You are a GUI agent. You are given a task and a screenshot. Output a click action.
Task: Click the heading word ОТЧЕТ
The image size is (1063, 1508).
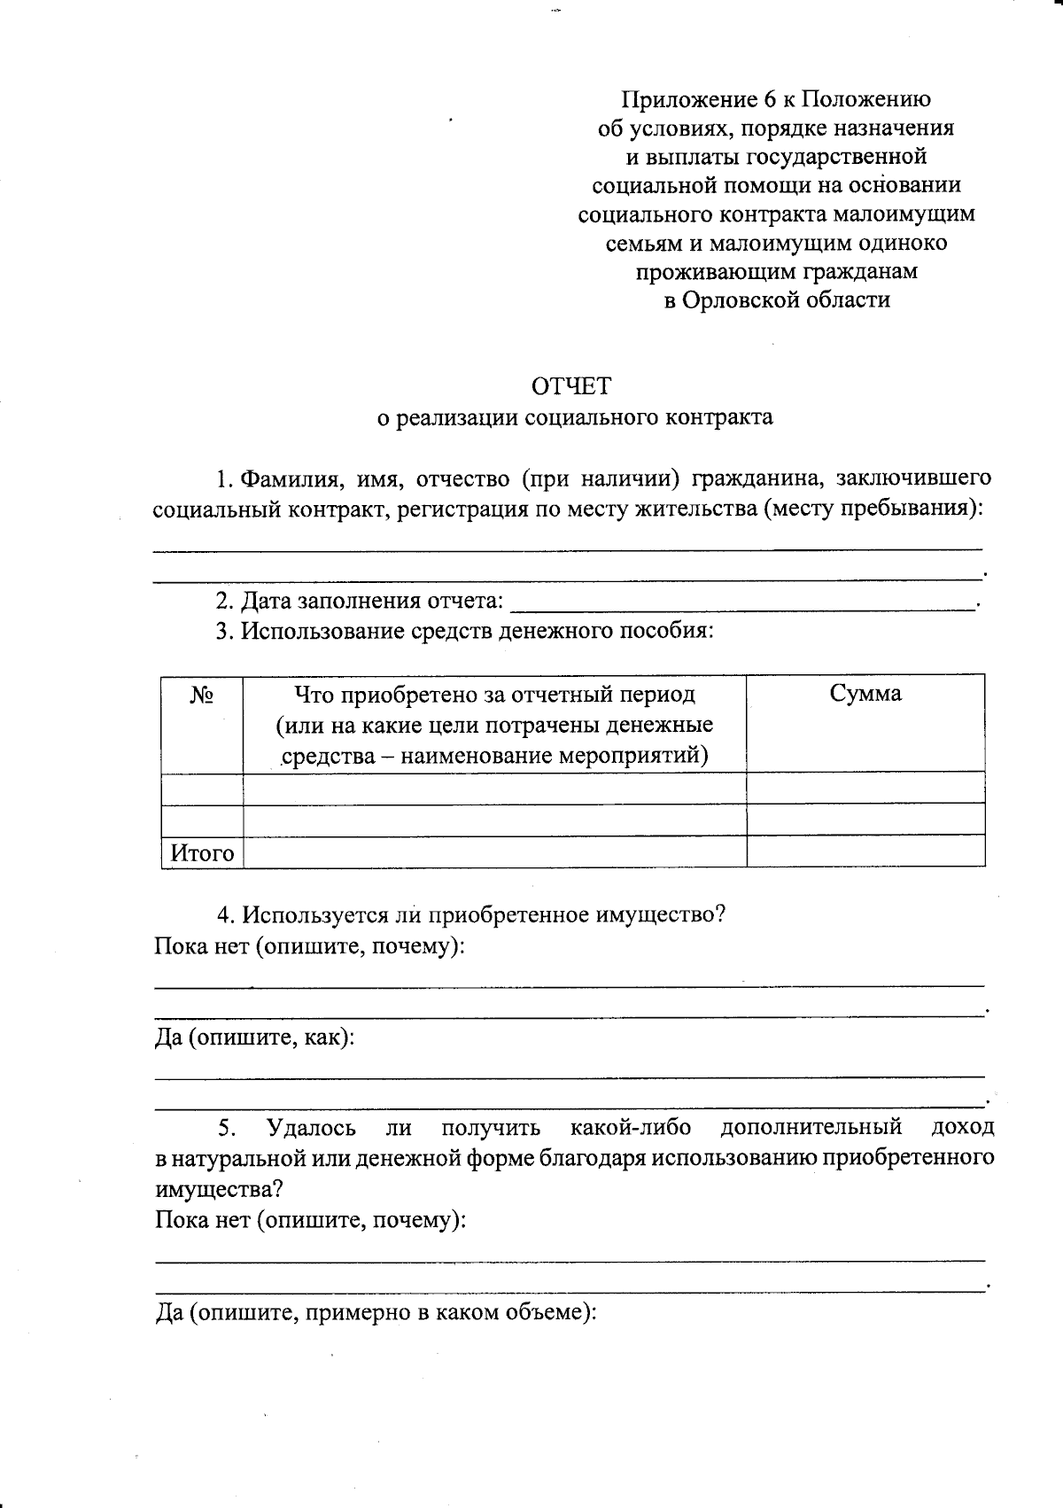[x=570, y=386]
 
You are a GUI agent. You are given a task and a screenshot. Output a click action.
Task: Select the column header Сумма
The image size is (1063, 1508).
[x=865, y=694]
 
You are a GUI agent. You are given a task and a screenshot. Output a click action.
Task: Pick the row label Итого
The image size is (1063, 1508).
[x=202, y=852]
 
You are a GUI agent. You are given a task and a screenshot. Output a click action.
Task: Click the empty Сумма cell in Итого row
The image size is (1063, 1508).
[x=865, y=852]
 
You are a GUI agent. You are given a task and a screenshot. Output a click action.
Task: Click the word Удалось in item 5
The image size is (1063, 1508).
[x=311, y=1127]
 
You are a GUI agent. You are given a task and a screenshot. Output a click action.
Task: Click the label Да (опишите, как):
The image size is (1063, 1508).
[x=254, y=1037]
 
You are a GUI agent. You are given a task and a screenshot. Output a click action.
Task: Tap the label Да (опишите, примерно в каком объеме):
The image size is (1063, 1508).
[x=376, y=1311]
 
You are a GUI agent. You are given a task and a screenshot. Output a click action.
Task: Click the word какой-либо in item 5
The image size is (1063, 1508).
[x=630, y=1127]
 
